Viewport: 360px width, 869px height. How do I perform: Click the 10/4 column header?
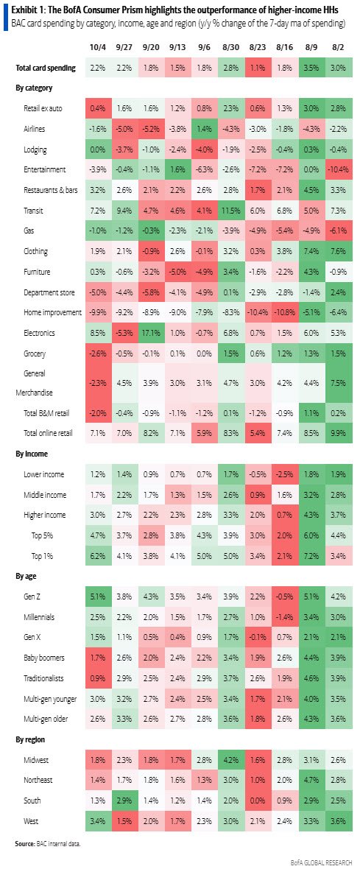pyautogui.click(x=97, y=47)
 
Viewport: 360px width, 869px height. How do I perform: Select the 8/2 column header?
pyautogui.click(x=338, y=47)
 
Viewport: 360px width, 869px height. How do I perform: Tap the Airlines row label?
pyautogui.click(x=37, y=128)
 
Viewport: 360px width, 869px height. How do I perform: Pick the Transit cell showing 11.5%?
pyautogui.click(x=230, y=210)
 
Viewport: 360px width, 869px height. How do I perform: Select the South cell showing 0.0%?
pyautogui.click(x=258, y=800)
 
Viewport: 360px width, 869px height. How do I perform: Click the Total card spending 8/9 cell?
pyautogui.click(x=311, y=68)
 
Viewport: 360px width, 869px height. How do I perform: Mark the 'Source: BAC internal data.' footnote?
pyautogui.click(x=46, y=842)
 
